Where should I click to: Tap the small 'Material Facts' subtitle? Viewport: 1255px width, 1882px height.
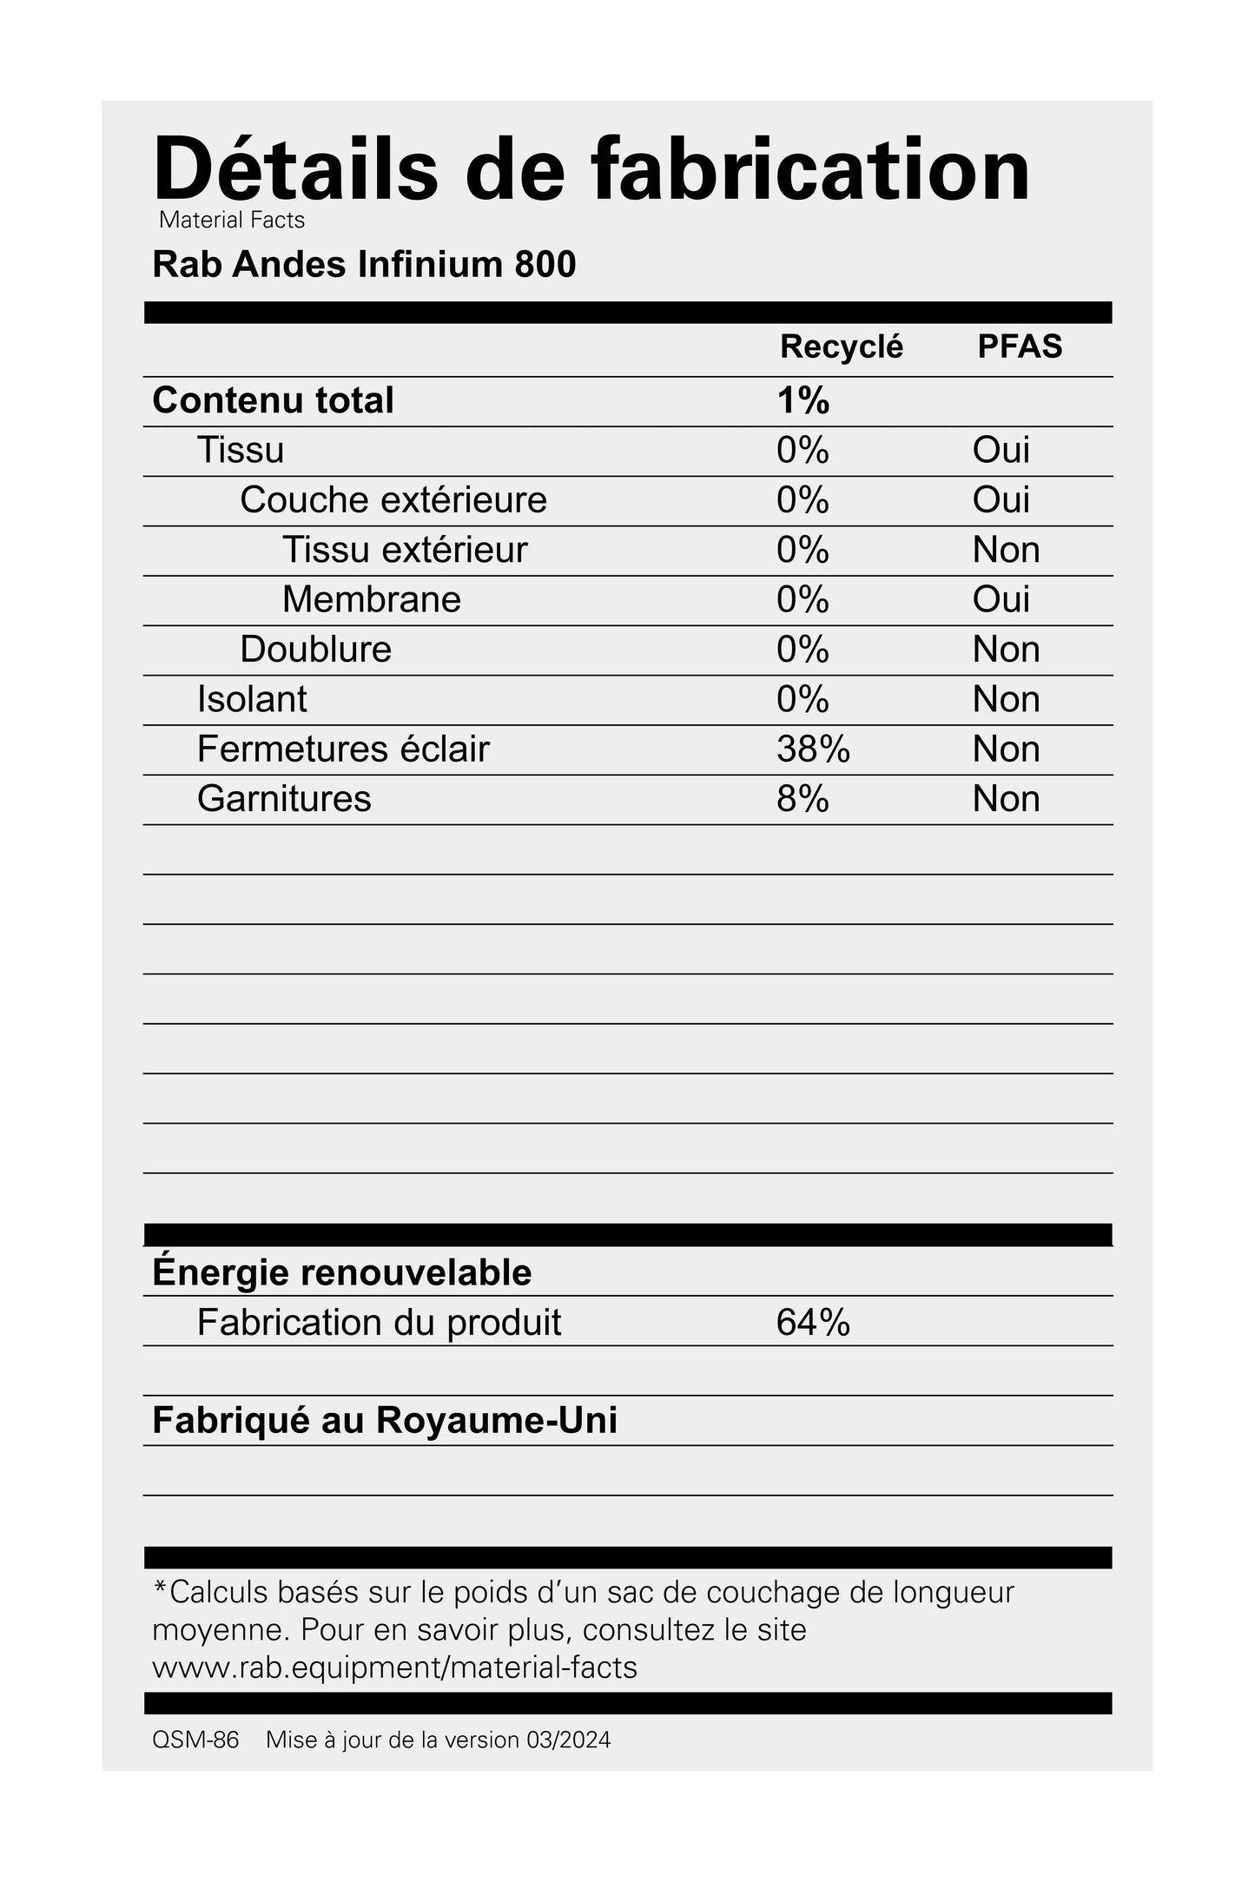tap(232, 221)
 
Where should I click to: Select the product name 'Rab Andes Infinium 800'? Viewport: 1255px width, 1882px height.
tap(364, 265)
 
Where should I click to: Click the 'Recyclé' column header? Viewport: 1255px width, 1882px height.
tap(841, 347)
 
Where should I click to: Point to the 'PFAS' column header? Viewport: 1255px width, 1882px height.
tap(1020, 347)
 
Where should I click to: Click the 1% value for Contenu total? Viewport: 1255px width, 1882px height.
tap(803, 401)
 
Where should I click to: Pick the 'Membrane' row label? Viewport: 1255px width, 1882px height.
tap(371, 600)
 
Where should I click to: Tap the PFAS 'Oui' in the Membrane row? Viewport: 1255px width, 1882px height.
tap(1001, 600)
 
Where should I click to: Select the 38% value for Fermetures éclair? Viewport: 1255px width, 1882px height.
tap(813, 749)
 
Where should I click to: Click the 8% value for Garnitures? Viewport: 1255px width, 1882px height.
tap(803, 799)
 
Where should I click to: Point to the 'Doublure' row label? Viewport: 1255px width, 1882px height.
tap(315, 650)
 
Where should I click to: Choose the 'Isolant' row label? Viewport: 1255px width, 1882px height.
tap(252, 700)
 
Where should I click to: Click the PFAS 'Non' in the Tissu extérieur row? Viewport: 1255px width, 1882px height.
tap(1006, 551)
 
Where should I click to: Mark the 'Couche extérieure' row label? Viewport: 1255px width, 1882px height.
tap(393, 500)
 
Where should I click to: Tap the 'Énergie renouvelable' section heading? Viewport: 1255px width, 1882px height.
tap(341, 1272)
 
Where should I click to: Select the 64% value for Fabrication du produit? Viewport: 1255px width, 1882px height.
tap(813, 1323)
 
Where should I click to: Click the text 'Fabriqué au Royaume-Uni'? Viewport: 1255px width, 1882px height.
tap(385, 1421)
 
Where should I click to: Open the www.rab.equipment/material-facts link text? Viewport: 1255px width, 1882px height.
tap(394, 1667)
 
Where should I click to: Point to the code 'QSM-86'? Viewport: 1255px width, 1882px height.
tap(195, 1740)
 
